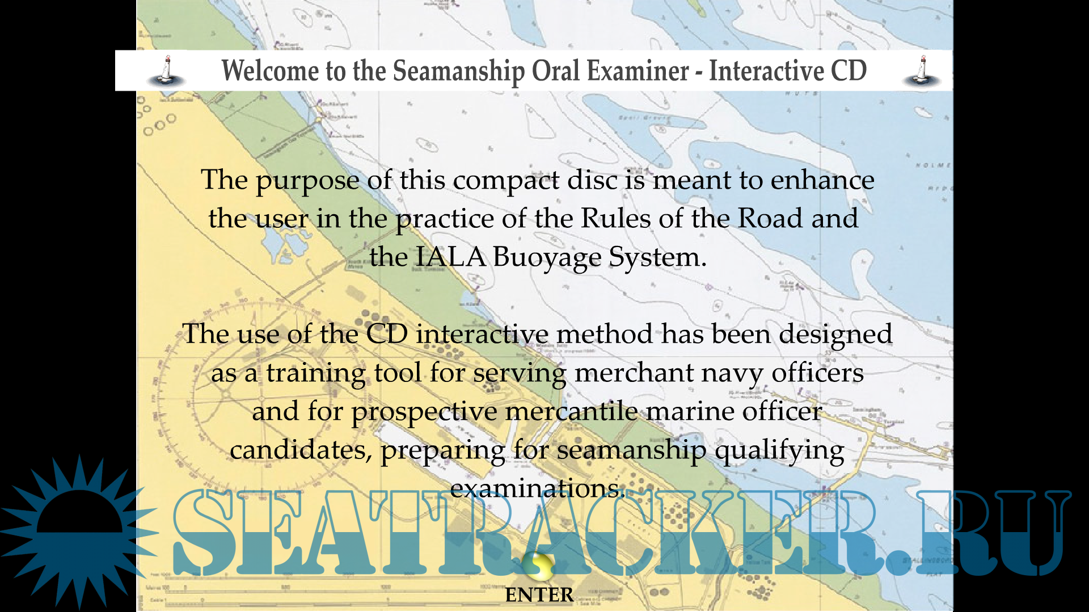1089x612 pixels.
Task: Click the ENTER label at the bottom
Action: (x=539, y=595)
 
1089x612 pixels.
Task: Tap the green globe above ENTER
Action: (x=538, y=565)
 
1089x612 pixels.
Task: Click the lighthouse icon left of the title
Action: (x=166, y=71)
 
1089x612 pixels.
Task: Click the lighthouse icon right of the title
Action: (x=922, y=71)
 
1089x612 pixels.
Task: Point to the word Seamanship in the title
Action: (x=459, y=72)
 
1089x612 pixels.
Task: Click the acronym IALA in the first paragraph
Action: (x=450, y=257)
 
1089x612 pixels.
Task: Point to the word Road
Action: (x=770, y=218)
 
